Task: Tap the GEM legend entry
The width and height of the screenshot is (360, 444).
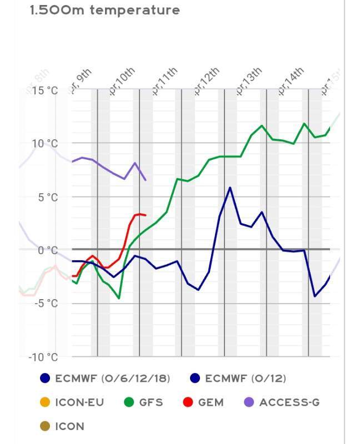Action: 211,402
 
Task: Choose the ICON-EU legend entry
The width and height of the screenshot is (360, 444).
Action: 79,402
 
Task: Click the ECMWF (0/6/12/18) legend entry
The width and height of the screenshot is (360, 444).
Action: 112,379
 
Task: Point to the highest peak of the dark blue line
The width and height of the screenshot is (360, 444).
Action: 230,188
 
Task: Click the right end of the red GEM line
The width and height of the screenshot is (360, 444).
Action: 146,215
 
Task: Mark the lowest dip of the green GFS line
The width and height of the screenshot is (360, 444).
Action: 119,298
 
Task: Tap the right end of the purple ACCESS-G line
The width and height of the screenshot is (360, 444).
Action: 146,180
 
